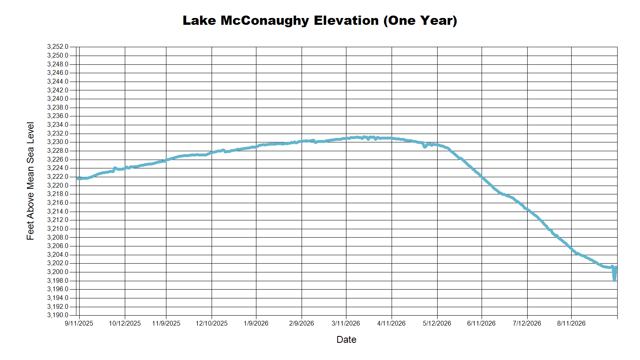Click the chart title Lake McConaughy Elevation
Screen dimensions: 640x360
[x=280, y=21]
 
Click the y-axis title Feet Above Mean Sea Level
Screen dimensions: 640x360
[x=30, y=181]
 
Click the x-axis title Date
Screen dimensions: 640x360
[x=346, y=340]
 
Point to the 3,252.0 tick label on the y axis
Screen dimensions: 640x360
[x=58, y=46]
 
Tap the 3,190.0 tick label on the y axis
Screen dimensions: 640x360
[x=58, y=315]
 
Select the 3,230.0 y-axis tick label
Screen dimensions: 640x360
[x=58, y=142]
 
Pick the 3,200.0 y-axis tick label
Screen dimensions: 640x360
[x=58, y=272]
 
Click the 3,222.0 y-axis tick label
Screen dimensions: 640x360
[x=58, y=176]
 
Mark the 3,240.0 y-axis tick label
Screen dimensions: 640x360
[x=58, y=98]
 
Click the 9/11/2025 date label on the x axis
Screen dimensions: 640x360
[x=79, y=324]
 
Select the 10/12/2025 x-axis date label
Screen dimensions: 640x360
[x=125, y=324]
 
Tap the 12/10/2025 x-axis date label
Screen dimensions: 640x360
[x=212, y=324]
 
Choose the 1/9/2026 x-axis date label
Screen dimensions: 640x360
[x=256, y=324]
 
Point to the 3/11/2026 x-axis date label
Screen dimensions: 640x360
[x=346, y=324]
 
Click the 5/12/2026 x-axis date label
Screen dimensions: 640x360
[x=437, y=324]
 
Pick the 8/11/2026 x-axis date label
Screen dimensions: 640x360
[x=572, y=324]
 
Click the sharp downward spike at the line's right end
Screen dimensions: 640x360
[x=614, y=280]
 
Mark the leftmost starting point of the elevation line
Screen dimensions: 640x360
[x=78, y=179]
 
